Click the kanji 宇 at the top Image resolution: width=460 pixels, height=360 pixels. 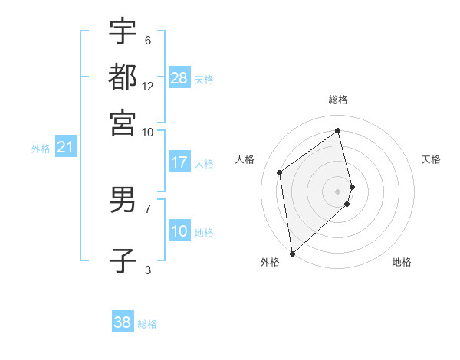point(123,31)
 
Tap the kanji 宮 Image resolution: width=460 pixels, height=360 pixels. point(123,122)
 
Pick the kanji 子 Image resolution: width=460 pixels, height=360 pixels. point(123,260)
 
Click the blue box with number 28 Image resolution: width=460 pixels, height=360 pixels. point(179,78)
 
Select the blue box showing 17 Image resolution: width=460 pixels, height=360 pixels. point(179,162)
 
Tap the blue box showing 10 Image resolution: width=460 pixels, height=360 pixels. point(179,231)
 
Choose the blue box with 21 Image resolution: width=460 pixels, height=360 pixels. point(65,147)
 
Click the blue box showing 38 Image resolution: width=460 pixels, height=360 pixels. point(123,322)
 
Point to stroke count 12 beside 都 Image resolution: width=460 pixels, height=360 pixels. point(148,86)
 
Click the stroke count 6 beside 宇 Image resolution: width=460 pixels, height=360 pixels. point(147,40)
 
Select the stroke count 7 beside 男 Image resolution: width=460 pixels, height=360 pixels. point(147,208)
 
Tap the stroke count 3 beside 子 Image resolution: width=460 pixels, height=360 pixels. point(147,269)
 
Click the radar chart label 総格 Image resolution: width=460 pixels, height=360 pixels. point(338,100)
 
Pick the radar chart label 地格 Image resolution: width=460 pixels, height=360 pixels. point(402,263)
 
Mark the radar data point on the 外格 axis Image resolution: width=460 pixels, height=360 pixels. point(292,253)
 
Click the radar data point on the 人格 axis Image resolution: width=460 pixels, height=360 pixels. point(280,172)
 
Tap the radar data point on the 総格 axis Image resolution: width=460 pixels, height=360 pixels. point(338,130)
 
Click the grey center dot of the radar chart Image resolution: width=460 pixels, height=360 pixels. point(338,191)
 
